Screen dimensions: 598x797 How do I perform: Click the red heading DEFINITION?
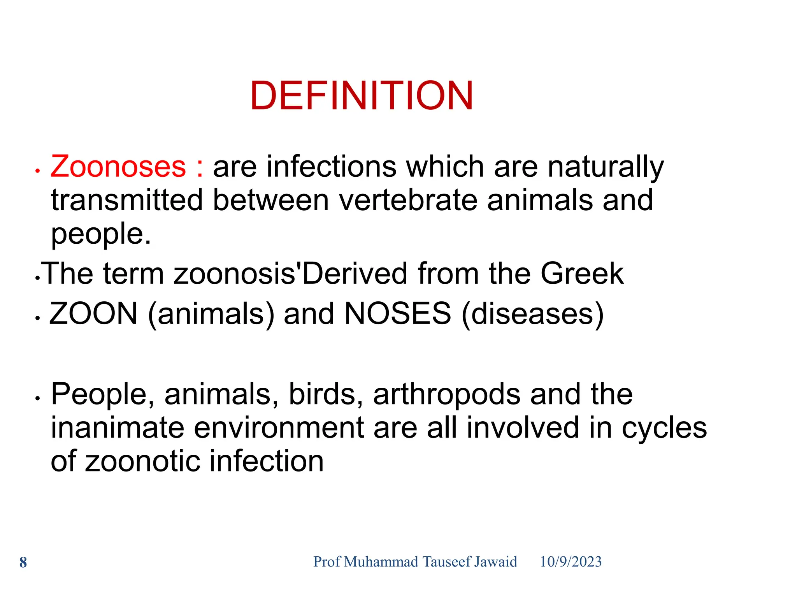pos(362,96)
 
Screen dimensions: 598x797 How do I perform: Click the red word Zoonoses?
pos(118,167)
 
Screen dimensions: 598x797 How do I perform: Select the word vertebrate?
pos(408,200)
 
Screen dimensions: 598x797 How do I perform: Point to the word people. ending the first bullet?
pos(101,234)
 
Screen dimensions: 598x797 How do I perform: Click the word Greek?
pos(582,273)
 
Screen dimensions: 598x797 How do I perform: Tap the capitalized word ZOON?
pos(93,313)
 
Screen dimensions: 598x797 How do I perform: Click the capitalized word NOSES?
pos(398,313)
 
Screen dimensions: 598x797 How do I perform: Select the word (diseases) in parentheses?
pos(532,314)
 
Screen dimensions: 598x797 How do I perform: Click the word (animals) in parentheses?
pos(211,314)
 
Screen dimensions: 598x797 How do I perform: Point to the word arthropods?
pos(446,394)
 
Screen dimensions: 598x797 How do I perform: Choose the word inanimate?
pos(118,427)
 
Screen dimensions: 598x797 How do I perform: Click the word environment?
pos(279,427)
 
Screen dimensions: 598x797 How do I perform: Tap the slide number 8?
pos(23,563)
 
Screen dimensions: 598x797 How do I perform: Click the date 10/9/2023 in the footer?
pos(571,562)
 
